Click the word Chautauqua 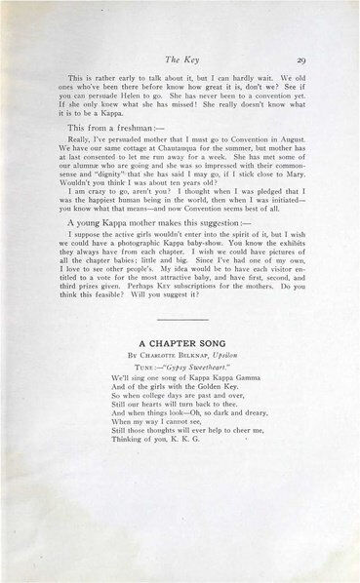click(172, 152)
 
